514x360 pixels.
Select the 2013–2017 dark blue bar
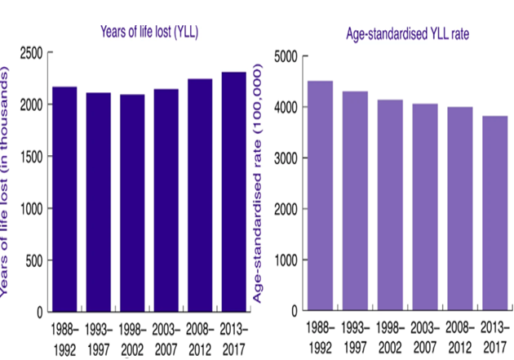[234, 192]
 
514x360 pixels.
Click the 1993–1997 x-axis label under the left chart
[100, 337]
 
